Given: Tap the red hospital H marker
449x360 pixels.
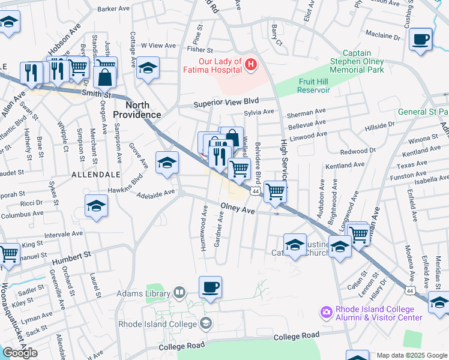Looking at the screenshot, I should coord(251,62).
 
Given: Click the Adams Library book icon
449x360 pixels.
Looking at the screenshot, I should coord(179,293).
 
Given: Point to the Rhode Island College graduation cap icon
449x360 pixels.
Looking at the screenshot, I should coord(206,324).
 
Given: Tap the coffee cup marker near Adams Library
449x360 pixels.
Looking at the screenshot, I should coord(210,287).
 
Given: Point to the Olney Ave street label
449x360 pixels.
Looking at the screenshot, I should coord(238,209).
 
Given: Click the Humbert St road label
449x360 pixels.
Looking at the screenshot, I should coord(71,257).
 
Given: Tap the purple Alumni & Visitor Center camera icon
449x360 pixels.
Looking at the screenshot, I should coord(326,312).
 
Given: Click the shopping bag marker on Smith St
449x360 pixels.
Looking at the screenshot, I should coord(104,77).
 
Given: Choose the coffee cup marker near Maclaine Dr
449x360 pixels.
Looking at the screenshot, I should coord(420,40).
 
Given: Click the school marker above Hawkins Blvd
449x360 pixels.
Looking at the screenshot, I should coord(167,162).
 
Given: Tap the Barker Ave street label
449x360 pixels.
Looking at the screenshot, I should coord(114,9).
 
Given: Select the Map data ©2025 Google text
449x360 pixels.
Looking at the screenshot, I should coord(412,355).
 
